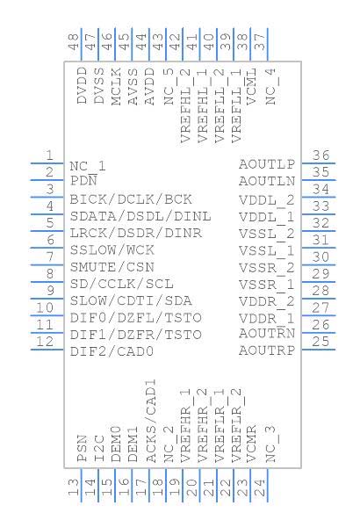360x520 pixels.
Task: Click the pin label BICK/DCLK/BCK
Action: (131, 199)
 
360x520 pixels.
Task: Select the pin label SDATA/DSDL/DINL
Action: (140, 216)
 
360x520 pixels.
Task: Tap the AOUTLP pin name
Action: (267, 164)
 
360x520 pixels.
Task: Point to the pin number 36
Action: (320, 155)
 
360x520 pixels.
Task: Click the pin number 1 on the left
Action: (49, 155)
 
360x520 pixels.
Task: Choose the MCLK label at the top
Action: (116, 87)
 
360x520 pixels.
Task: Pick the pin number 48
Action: (74, 42)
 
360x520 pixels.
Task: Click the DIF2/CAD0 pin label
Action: (112, 351)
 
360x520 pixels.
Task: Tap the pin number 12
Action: (45, 341)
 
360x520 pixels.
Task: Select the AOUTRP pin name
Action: (267, 350)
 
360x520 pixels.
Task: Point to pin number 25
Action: (320, 341)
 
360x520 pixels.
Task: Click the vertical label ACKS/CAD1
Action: (151, 421)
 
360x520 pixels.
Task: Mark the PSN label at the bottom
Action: (83, 449)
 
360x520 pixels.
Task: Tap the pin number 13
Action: (74, 487)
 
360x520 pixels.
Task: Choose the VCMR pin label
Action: (252, 444)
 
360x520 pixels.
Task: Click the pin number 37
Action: (260, 42)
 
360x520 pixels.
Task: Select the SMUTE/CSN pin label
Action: (112, 267)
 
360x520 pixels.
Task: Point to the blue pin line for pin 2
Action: (47, 180)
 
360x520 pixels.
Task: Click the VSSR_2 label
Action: (267, 268)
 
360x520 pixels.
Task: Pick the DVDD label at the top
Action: (83, 85)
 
